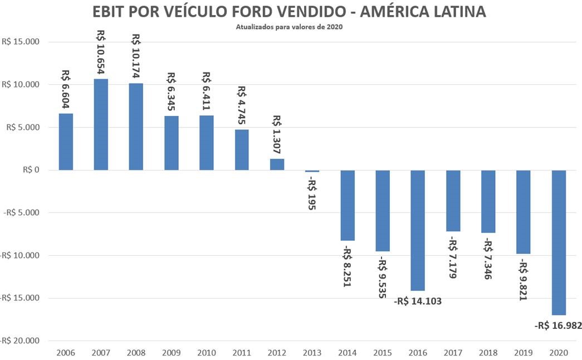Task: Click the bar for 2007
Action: pos(101,124)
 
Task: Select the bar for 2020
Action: pos(559,242)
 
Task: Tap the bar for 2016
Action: pos(418,230)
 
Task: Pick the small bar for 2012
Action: pos(277,164)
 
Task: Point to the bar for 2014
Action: pos(348,205)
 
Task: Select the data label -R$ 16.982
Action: pos(557,325)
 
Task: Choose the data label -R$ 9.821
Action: pos(523,280)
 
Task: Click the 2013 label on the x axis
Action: pos(312,353)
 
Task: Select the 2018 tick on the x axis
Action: pos(488,353)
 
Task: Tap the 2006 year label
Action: pos(66,353)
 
